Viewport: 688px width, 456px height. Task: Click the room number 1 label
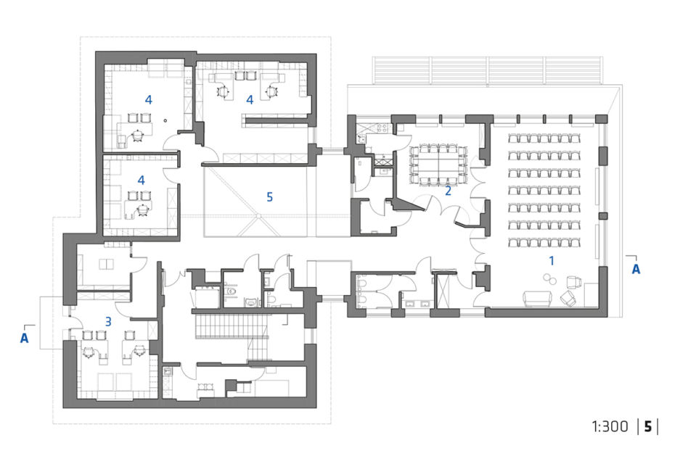coord(552,261)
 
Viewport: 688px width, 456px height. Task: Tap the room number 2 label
coord(448,191)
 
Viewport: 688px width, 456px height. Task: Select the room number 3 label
coord(108,322)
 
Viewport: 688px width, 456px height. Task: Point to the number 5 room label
coord(269,197)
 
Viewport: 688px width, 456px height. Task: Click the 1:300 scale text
coord(610,426)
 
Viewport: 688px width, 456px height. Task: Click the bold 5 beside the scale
coord(648,426)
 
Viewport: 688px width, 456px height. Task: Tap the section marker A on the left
coord(25,338)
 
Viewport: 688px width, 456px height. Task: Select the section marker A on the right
coord(636,269)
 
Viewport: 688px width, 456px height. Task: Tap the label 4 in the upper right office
coord(250,100)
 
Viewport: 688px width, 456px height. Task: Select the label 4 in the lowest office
coord(141,180)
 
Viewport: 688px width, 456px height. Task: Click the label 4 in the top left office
coord(148,100)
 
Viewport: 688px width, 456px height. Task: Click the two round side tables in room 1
coord(549,279)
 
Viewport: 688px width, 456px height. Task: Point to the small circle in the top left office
coord(165,120)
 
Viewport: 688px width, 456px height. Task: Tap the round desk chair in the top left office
coord(138,136)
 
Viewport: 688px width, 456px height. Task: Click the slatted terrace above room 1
coord(487,70)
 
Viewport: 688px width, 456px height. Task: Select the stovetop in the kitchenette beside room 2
coord(382,128)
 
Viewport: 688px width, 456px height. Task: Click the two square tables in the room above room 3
coord(106,265)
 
